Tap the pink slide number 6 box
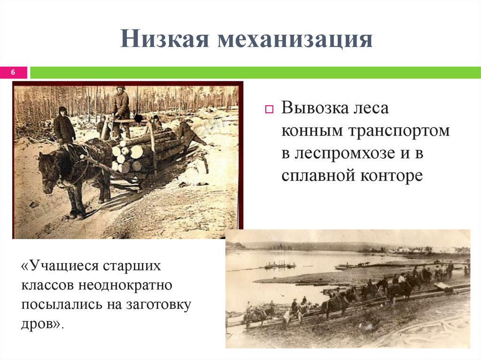click(13, 72)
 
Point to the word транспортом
click(399, 131)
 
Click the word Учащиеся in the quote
click(64, 266)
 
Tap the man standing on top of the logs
click(121, 106)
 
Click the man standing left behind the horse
click(63, 126)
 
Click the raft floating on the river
click(279, 266)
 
